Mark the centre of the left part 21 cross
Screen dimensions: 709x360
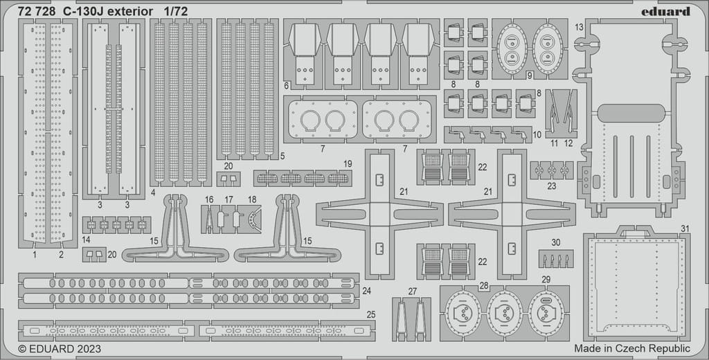click(379, 215)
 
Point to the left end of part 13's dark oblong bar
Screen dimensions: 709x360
click(598, 113)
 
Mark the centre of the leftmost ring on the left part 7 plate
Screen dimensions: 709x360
click(311, 120)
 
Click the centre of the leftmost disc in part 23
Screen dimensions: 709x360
click(539, 170)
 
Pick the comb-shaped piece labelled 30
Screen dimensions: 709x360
click(556, 258)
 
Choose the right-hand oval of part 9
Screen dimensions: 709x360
click(547, 49)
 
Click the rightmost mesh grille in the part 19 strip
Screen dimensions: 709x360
click(337, 178)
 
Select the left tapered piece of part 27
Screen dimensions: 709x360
click(401, 321)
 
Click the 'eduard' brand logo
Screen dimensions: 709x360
click(665, 12)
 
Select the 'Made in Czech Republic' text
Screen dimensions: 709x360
click(632, 348)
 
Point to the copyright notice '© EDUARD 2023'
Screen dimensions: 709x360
click(60, 349)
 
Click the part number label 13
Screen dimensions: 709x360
click(580, 28)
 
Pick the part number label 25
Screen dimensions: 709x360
click(371, 314)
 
